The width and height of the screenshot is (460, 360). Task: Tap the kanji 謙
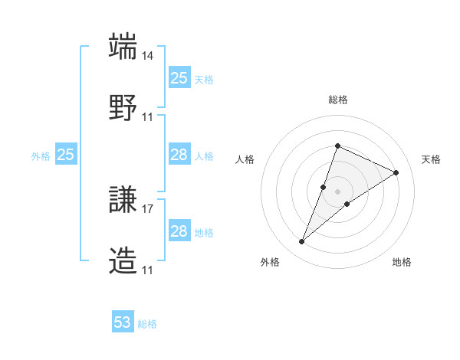(123, 201)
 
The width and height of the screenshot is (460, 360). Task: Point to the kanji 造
(123, 260)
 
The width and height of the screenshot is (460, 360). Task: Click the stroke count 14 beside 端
(148, 57)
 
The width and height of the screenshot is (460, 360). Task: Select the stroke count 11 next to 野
(148, 116)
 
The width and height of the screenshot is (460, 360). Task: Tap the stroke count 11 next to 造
(148, 270)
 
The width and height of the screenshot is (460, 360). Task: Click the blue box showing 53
(123, 322)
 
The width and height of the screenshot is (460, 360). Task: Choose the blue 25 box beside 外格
(66, 155)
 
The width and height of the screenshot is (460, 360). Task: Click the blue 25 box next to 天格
(179, 78)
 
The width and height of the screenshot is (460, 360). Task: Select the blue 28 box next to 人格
(179, 155)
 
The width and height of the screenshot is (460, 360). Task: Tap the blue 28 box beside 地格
(179, 231)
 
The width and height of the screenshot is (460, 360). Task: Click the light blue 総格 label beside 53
(147, 324)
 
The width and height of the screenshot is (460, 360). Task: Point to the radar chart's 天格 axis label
(432, 159)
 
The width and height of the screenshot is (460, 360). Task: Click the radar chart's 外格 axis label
(270, 262)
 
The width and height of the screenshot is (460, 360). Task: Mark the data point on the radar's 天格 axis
(396, 172)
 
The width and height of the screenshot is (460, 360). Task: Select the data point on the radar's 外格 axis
(301, 242)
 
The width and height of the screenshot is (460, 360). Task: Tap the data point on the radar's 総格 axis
(337, 146)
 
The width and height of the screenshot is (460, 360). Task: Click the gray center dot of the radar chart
(337, 191)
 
